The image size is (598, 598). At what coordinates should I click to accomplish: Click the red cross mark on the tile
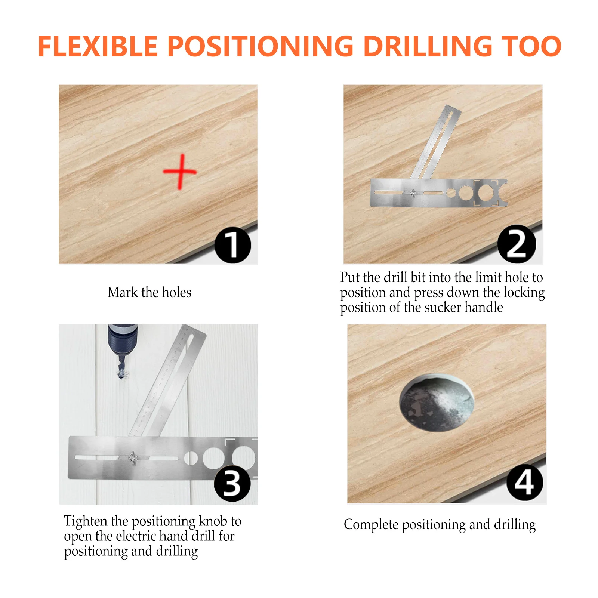point(181,172)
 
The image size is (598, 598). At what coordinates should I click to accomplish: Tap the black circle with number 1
point(232,245)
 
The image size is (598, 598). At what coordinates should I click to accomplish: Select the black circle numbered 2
point(517,244)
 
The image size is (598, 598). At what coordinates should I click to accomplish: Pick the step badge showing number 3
point(232,483)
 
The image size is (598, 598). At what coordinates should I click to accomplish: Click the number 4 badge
point(525,482)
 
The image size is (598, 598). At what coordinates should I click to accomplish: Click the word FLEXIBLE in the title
point(98,46)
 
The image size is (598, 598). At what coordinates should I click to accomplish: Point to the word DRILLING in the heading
point(428,46)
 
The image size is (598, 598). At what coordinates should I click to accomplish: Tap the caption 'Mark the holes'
point(149,292)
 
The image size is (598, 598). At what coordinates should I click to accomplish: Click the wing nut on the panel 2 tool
point(413,193)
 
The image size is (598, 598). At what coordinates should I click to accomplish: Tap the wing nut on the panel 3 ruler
point(132,457)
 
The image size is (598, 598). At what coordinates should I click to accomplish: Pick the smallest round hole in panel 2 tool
point(451,193)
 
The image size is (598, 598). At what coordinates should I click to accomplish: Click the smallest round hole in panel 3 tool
point(191,458)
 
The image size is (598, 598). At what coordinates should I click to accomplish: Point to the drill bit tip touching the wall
point(121,373)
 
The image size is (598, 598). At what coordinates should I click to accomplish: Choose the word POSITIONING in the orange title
point(260,46)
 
